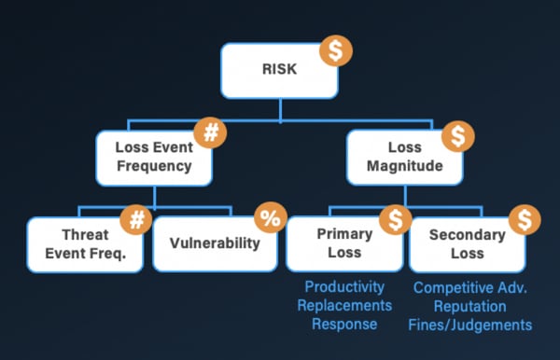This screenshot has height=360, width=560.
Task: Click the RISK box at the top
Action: (x=278, y=70)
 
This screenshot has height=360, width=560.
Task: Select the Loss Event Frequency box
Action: (x=153, y=156)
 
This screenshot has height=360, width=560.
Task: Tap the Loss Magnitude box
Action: (x=405, y=156)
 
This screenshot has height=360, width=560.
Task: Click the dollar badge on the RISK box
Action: (x=336, y=49)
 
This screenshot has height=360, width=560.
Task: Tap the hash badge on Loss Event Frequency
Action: (x=211, y=132)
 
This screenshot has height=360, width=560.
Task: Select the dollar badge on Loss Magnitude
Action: (x=456, y=136)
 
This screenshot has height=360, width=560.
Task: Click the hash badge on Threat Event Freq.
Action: (x=138, y=220)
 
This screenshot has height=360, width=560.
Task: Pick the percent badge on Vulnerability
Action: (x=270, y=220)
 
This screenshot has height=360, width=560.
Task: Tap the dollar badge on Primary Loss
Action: (x=396, y=220)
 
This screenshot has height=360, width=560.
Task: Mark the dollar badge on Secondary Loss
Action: (x=525, y=220)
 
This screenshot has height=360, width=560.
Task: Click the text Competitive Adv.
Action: (x=470, y=288)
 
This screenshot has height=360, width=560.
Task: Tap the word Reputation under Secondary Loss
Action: (x=470, y=306)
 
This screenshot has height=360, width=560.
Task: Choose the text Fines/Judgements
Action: (x=470, y=325)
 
